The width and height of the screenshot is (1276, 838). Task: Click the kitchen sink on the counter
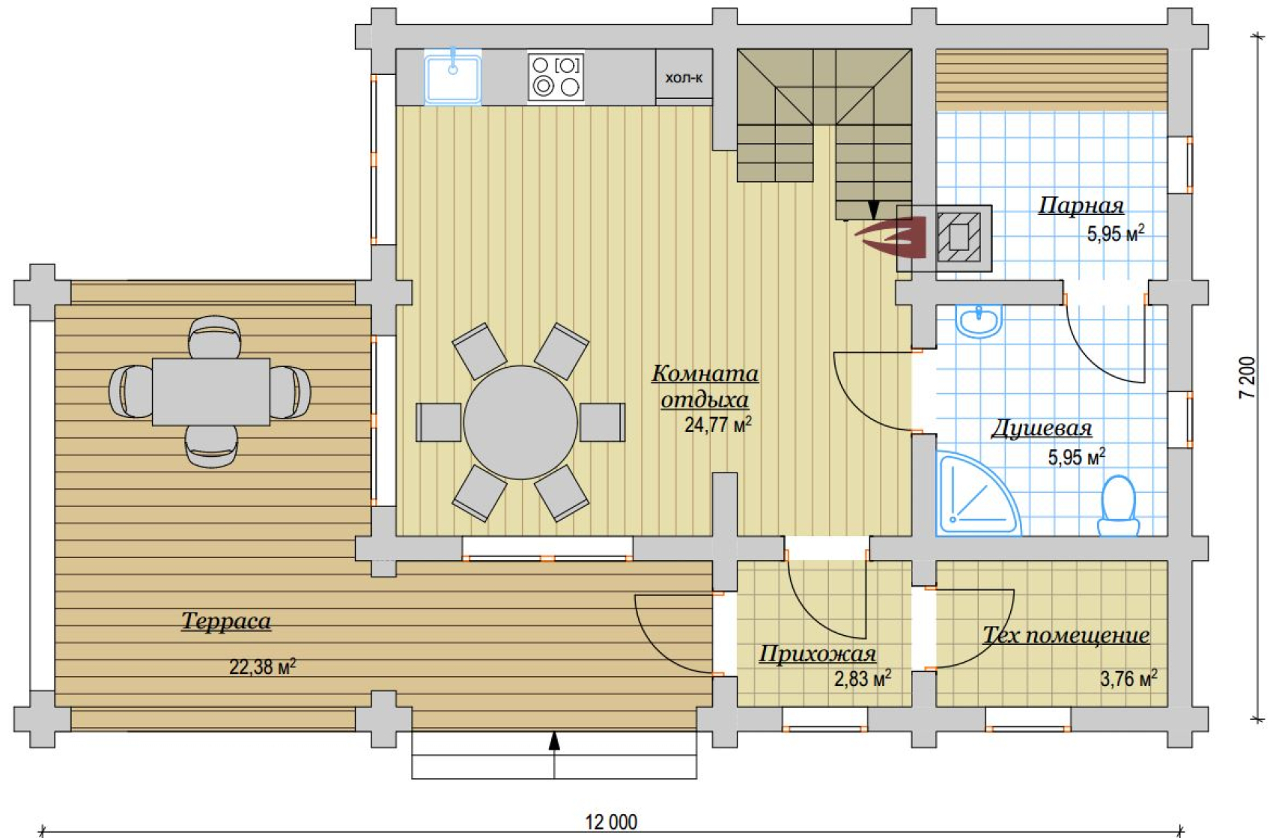coord(452,77)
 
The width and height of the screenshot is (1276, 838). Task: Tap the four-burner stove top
coord(556,77)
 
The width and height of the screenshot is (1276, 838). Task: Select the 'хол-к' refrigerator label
coord(684,77)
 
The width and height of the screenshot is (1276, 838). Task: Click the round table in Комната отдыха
coord(520,422)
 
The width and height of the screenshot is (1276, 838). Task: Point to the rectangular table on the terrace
coord(210,392)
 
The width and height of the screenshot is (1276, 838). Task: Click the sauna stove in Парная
coord(959,237)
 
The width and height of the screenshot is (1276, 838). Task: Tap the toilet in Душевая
coord(1119,506)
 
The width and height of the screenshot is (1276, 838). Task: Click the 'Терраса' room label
coord(226,621)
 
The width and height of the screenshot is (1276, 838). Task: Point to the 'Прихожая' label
coord(818,654)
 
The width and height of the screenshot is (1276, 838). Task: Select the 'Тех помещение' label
coord(1066,634)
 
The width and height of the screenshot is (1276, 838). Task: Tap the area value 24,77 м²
coord(717,425)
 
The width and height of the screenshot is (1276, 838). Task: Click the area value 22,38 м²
coord(263,667)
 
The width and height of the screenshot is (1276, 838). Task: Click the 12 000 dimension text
coord(611,822)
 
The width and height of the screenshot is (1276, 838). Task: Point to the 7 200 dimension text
coord(1248,377)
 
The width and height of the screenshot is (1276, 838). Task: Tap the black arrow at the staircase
coord(873,209)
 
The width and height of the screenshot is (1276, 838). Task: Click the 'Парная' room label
coord(1081,205)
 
